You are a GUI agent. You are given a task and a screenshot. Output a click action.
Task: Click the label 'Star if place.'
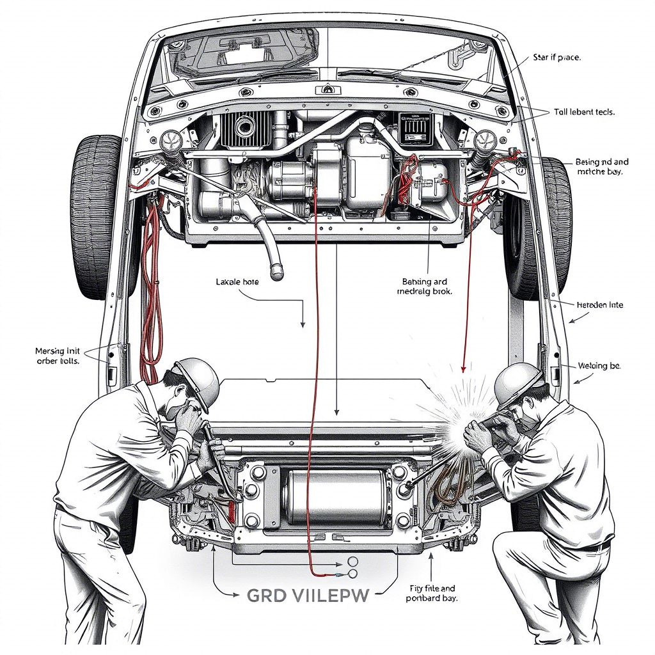pyautogui.click(x=556, y=58)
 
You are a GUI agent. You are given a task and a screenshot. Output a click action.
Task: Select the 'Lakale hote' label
pyautogui.click(x=237, y=281)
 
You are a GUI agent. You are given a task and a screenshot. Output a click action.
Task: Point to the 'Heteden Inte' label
pyautogui.click(x=599, y=305)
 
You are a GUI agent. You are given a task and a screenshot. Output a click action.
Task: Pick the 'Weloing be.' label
pyautogui.click(x=599, y=366)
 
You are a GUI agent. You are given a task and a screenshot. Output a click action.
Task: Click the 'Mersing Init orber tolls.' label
pyautogui.click(x=57, y=356)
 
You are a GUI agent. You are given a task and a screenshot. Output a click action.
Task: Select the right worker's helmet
pyautogui.click(x=517, y=383)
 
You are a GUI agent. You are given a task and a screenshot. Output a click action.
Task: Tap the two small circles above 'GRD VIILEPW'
pyautogui.click(x=352, y=566)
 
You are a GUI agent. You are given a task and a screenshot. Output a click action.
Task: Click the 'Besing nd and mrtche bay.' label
pyautogui.click(x=601, y=167)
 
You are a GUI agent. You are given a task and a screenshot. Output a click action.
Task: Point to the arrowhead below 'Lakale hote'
pyautogui.click(x=303, y=324)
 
